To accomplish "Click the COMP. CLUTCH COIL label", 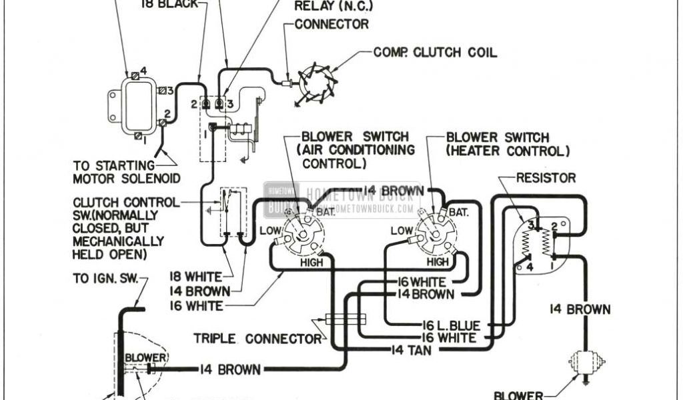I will click(x=435, y=52).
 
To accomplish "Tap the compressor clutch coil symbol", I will click(x=317, y=83).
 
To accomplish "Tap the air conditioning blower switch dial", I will click(x=303, y=233).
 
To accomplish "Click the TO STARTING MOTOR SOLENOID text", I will click(x=127, y=171).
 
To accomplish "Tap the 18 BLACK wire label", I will click(x=169, y=4).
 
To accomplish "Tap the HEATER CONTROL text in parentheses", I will click(x=508, y=152).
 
